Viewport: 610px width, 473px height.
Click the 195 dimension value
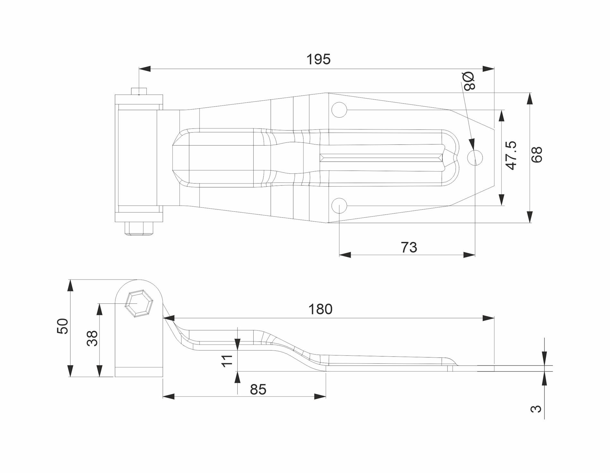(x=318, y=59)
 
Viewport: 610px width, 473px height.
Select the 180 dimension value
(x=320, y=309)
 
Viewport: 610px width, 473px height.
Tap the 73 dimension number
(x=409, y=247)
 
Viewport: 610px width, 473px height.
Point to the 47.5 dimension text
(x=511, y=155)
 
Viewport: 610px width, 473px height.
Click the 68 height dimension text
(x=536, y=155)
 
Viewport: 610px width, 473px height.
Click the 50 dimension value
(x=63, y=326)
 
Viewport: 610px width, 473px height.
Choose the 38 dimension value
(x=92, y=338)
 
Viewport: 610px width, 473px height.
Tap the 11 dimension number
(x=227, y=361)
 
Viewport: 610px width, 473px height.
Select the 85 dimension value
(x=258, y=389)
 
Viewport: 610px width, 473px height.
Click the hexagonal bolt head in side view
(x=139, y=304)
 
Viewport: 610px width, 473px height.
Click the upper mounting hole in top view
(x=339, y=110)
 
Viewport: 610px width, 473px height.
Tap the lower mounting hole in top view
(x=339, y=206)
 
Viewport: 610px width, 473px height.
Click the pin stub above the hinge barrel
(x=139, y=91)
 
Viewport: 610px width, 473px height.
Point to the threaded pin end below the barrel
(x=139, y=229)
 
